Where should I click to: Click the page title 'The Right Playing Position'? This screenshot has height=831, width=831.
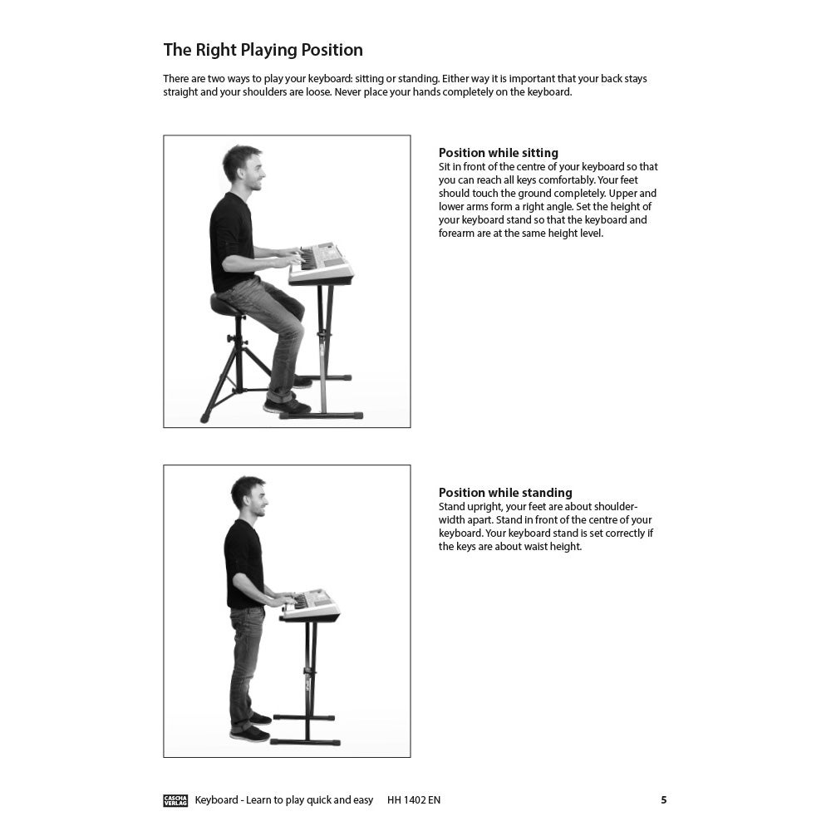(263, 50)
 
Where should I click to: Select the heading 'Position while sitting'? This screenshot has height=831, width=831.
(498, 153)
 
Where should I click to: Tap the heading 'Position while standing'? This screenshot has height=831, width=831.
(505, 492)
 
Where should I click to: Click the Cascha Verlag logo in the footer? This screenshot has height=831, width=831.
(175, 800)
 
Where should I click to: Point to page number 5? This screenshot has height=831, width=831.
(663, 799)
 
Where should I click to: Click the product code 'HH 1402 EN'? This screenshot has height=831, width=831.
(413, 799)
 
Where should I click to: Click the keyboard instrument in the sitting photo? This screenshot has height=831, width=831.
(322, 263)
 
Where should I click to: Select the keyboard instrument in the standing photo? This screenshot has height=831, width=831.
(310, 605)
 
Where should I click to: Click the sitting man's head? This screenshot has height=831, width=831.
(243, 168)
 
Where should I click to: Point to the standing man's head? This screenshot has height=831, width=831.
(250, 495)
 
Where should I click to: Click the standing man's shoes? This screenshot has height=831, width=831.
(250, 728)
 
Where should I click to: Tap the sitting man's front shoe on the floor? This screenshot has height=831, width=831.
(287, 406)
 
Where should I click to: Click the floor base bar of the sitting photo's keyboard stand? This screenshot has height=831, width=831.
(321, 415)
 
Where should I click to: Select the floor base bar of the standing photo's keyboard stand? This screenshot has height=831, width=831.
(305, 742)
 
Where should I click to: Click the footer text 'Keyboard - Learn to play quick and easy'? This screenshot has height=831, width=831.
(284, 799)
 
